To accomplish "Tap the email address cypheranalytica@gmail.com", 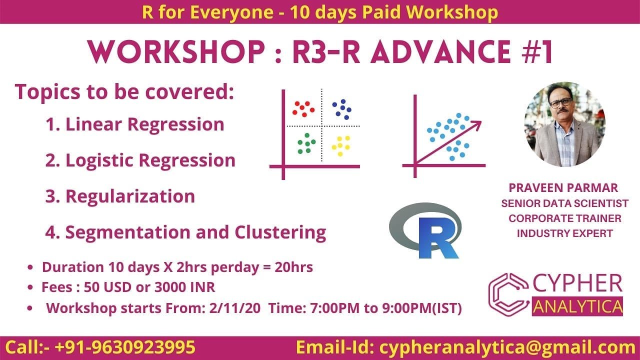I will pyautogui.click(x=507, y=347).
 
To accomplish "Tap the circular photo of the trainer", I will pyautogui.click(x=564, y=124).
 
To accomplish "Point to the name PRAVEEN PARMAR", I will pyautogui.click(x=563, y=188).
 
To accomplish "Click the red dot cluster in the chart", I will pyautogui.click(x=303, y=108).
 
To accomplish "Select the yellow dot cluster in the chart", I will pyautogui.click(x=341, y=145).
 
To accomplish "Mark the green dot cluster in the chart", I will pyautogui.click(x=306, y=143).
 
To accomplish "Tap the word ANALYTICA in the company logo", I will pyautogui.click(x=577, y=306).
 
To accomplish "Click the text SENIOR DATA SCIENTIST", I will pyautogui.click(x=564, y=203).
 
